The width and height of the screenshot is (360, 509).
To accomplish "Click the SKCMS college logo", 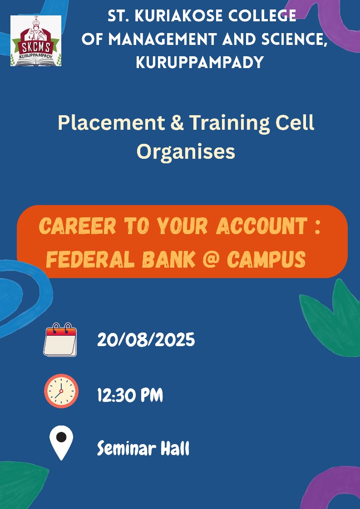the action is tap(36, 40).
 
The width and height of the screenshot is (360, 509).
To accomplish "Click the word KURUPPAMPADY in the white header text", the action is tap(199, 62).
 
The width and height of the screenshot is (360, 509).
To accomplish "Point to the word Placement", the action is tap(111, 123).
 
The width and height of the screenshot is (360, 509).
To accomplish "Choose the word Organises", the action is tap(186, 152).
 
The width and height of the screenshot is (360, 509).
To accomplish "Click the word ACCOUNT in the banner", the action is tap(262, 226).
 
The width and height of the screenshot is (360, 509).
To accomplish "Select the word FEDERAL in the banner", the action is tap(90, 259).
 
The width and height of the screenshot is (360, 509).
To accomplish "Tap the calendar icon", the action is tap(60, 339).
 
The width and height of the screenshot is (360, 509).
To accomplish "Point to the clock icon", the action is tap(61, 391).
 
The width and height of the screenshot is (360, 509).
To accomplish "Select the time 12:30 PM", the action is tap(130, 396).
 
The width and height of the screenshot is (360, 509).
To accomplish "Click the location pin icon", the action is tap(61, 443).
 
